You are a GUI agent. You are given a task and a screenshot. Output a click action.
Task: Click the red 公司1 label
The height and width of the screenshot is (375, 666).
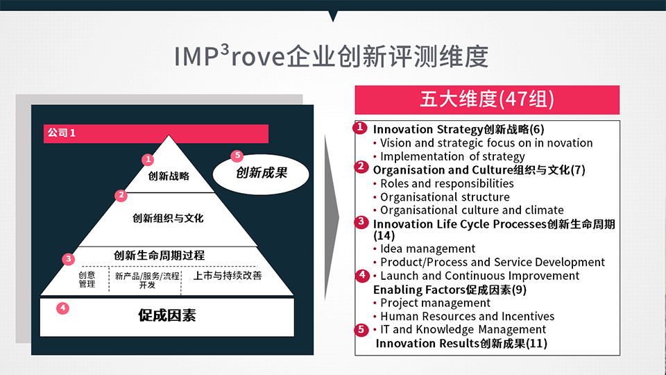coord(62,133)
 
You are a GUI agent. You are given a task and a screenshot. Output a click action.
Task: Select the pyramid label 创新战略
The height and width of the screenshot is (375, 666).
coord(169,176)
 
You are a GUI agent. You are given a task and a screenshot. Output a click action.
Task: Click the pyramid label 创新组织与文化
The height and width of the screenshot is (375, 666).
coord(168,219)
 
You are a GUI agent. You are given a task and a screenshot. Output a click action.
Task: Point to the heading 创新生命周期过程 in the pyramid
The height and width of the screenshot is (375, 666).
coord(160,256)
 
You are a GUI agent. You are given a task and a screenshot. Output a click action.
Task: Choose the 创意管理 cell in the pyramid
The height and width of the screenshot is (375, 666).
coord(87,279)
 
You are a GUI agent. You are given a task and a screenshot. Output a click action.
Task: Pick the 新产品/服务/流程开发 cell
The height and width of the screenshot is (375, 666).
coord(147,280)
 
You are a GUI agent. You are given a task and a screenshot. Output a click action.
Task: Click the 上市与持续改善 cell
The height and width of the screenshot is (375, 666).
coord(228,276)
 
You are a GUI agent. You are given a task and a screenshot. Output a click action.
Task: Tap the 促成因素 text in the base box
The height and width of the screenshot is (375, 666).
coord(167,315)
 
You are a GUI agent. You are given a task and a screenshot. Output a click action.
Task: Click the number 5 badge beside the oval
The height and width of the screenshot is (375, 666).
coord(237,156)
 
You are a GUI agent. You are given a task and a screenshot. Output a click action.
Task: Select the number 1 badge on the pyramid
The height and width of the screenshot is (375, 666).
coord(148,160)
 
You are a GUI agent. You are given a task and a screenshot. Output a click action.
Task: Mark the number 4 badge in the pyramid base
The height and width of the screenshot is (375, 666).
coord(63,308)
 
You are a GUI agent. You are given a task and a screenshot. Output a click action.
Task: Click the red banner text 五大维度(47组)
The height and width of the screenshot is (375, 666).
coord(487,99)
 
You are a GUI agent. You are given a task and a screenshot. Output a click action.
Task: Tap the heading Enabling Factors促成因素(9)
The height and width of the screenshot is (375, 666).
coord(450,290)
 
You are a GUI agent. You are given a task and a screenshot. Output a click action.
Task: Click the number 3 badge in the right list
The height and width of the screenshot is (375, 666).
coord(361,222)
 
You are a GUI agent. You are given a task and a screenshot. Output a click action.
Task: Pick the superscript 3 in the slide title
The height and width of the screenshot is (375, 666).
coord(225,50)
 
